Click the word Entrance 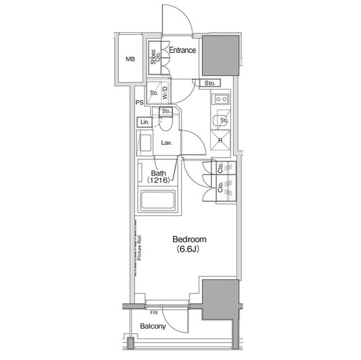(182, 50)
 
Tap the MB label (130, 59)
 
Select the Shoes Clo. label (153, 58)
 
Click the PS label (139, 103)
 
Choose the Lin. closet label (144, 122)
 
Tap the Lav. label (166, 143)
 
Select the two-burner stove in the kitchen (220, 100)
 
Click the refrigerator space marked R (220, 141)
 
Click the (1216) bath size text (159, 180)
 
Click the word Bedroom (190, 239)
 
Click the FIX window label (154, 311)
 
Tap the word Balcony (153, 326)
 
